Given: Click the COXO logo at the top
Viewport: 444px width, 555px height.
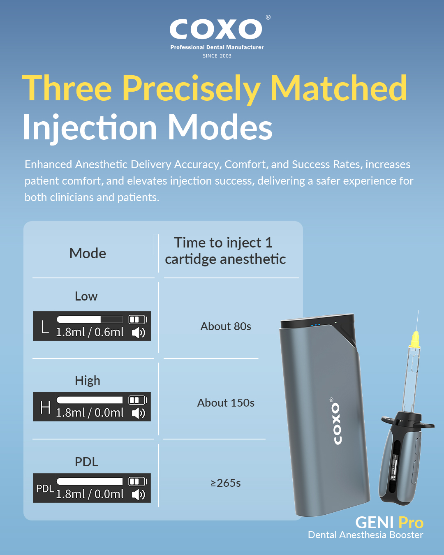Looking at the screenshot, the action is point(216,29).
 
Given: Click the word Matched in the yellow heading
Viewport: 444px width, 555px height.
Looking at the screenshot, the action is point(338,88).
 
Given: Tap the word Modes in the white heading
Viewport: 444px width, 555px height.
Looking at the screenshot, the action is point(220,127).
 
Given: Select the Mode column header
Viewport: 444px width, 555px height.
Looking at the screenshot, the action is point(88,253).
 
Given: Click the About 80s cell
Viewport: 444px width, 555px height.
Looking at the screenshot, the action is point(226,326).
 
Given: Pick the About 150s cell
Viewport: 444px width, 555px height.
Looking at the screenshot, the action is point(226,402).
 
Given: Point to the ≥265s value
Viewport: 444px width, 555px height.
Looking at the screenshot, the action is point(226,483).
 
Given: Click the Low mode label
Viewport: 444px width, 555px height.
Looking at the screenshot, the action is point(86,296).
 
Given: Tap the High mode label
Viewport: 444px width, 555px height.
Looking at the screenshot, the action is point(88,381).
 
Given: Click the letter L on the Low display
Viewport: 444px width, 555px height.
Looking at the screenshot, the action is point(45,327).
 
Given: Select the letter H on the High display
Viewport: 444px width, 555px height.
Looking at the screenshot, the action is point(45,407).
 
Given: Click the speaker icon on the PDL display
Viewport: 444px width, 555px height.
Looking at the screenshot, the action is point(139,495).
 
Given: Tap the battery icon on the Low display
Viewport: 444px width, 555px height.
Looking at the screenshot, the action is point(138,319).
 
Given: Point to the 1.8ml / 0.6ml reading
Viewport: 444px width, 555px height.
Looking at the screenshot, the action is point(90,332).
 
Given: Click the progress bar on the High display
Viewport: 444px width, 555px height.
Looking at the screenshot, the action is point(90,400).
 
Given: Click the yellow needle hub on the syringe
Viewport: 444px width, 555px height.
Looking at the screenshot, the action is point(415,339).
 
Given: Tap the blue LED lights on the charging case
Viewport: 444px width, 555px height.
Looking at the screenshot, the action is point(316,325).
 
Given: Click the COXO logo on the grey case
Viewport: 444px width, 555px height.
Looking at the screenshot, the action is point(336,421).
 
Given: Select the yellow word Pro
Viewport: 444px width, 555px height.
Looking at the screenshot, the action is point(411,523).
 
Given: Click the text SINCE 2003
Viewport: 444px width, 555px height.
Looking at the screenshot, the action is point(217,56).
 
